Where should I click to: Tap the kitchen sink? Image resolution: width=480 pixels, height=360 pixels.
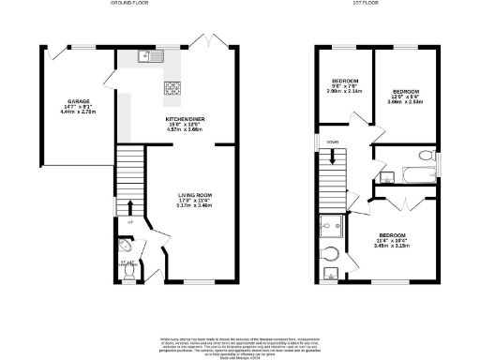(x=146, y=57)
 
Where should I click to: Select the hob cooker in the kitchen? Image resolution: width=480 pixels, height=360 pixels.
(x=172, y=89)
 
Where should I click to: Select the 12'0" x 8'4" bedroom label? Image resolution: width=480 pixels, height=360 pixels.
(x=405, y=95)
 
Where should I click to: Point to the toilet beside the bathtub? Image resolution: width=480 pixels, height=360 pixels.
(x=425, y=155)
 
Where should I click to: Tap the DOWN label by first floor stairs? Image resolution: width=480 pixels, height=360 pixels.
(x=333, y=142)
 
